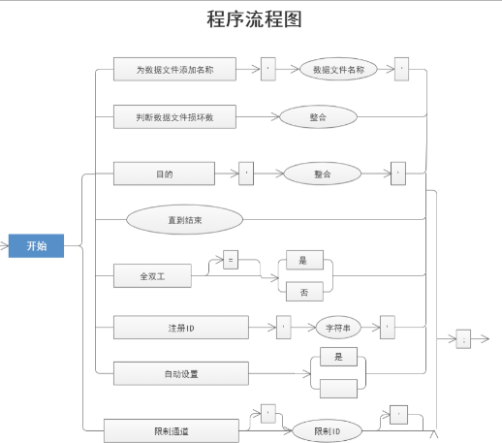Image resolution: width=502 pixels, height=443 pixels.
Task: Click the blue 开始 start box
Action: pyautogui.click(x=36, y=246)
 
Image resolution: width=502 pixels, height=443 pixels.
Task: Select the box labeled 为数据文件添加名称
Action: pyautogui.click(x=174, y=70)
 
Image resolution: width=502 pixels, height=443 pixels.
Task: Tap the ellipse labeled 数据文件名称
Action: pyautogui.click(x=332, y=70)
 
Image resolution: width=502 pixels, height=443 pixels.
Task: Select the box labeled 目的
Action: pyautogui.click(x=163, y=174)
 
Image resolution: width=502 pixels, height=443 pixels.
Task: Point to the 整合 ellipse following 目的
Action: pyautogui.click(x=323, y=174)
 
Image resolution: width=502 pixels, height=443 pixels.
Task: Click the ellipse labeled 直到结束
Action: pyautogui.click(x=184, y=219)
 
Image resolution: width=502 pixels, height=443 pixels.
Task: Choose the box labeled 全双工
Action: pyautogui.click(x=152, y=275)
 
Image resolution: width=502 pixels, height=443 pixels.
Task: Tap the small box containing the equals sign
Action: pyautogui.click(x=231, y=260)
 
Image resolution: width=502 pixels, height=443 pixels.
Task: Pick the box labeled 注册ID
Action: pyautogui.click(x=181, y=328)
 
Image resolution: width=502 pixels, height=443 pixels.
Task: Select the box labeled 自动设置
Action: pyautogui.click(x=181, y=372)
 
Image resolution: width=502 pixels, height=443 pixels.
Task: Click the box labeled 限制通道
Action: pyautogui.click(x=172, y=428)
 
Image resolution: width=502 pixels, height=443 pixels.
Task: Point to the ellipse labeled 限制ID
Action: pyautogui.click(x=327, y=429)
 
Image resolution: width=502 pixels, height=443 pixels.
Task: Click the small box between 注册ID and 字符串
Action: pyautogui.click(x=284, y=328)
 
